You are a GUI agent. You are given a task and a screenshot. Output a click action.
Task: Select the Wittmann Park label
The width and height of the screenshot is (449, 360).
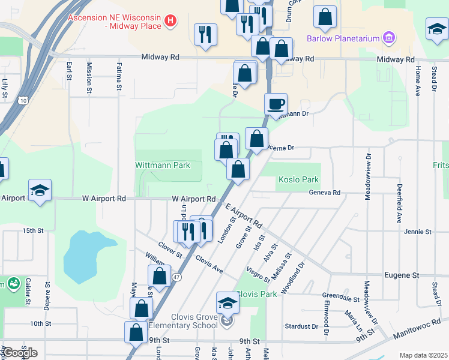(161, 164)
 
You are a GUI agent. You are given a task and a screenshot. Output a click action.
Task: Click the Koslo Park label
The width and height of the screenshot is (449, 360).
(298, 180)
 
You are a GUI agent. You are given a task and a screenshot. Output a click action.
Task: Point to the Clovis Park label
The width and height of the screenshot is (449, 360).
(257, 294)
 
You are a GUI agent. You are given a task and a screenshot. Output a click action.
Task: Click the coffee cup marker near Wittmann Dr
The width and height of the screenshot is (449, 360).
(276, 104)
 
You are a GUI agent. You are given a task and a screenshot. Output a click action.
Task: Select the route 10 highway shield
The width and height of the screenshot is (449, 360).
(22, 100)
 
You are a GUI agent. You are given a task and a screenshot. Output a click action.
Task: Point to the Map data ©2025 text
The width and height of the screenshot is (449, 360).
(423, 355)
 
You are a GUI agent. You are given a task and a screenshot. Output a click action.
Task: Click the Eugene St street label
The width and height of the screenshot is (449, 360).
(401, 275)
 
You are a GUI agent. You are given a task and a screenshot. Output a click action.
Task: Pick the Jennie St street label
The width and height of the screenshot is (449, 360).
(417, 231)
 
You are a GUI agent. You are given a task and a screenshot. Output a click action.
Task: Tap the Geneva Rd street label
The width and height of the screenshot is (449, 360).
(325, 193)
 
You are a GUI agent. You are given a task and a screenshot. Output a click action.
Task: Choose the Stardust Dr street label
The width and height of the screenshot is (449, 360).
(301, 326)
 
